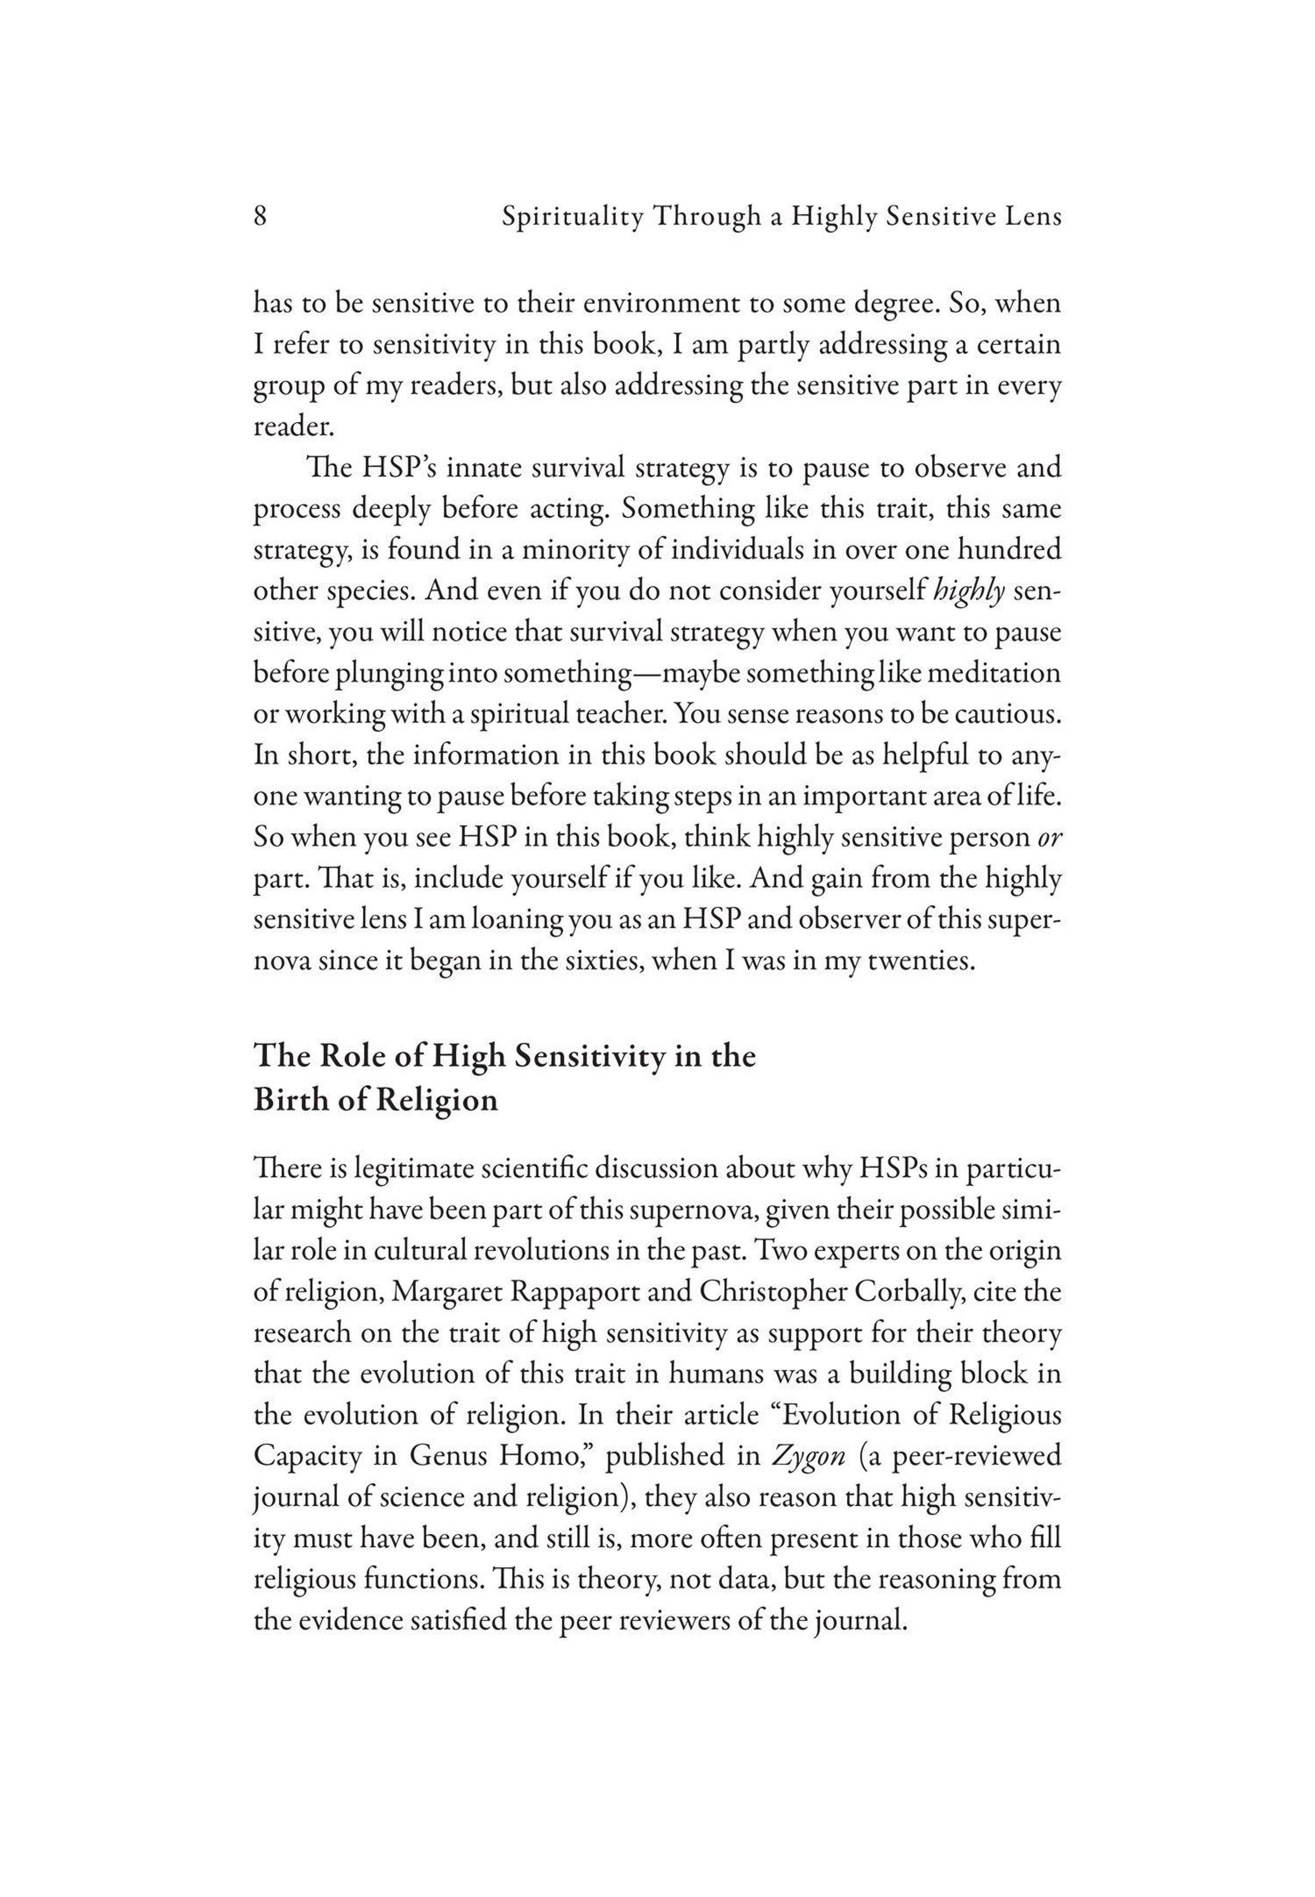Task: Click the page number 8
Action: tap(260, 216)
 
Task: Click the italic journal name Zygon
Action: tap(808, 1456)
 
